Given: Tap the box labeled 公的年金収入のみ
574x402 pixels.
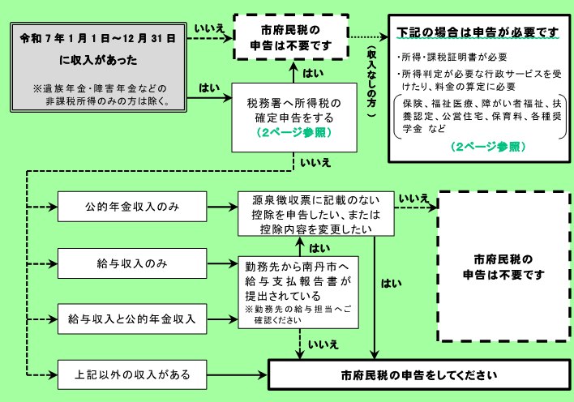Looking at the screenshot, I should click(131, 207).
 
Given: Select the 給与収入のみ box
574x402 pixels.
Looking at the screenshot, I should click(131, 263).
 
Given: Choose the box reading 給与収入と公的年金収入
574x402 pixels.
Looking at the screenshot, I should click(131, 319).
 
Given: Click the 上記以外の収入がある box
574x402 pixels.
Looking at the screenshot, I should click(131, 374).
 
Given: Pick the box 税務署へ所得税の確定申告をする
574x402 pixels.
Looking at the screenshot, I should click(294, 117).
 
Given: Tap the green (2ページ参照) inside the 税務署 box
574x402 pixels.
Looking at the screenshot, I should click(294, 133).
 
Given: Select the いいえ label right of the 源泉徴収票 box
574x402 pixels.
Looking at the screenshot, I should click(414, 199).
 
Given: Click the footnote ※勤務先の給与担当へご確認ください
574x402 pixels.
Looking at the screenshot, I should click(298, 314).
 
